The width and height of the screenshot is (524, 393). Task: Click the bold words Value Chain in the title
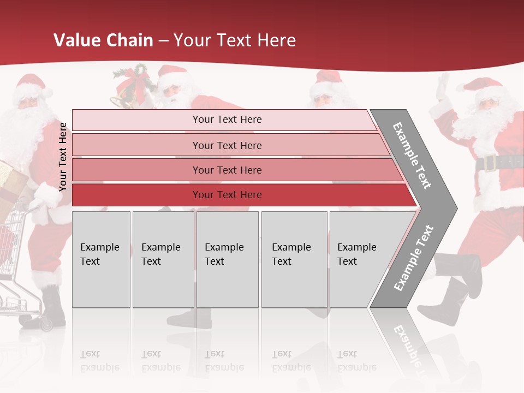point(103,40)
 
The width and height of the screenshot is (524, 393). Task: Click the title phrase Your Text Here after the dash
point(235,40)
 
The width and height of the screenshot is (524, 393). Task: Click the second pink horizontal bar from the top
point(227,145)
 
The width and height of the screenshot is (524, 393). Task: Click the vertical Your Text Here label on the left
point(63,157)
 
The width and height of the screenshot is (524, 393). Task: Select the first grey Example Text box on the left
point(101,259)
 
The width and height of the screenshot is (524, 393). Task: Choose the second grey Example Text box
point(163,259)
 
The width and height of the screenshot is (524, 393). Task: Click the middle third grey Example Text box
point(227,259)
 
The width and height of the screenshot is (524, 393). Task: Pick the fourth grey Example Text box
point(294,259)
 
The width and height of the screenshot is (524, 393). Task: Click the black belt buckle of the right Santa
point(489,162)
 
